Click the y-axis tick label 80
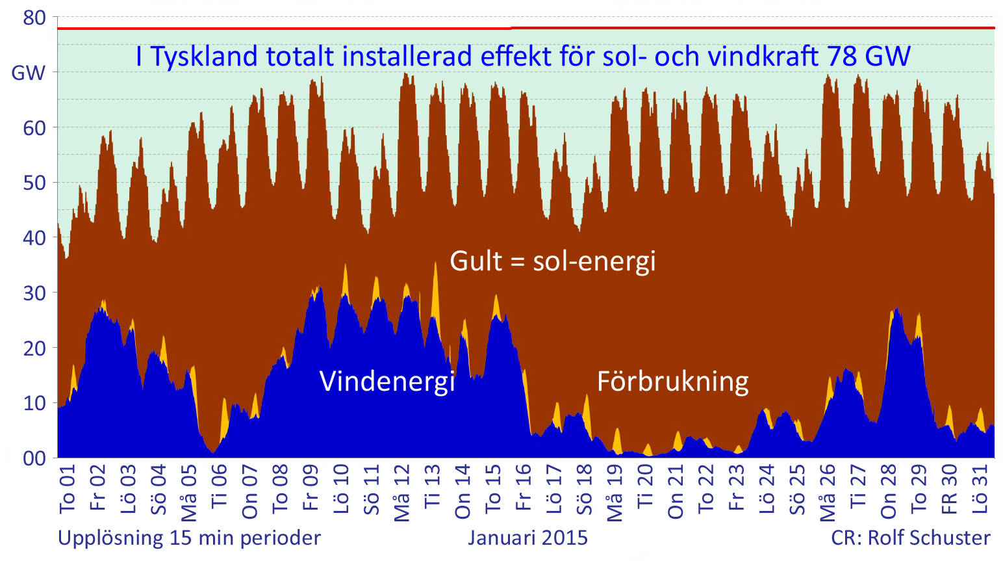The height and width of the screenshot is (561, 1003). tap(34, 18)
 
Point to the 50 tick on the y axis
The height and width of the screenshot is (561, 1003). tap(34, 183)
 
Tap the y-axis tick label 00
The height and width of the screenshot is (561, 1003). tap(34, 458)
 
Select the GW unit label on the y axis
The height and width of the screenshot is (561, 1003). tap(29, 73)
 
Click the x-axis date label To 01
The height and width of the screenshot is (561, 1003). tap(68, 489)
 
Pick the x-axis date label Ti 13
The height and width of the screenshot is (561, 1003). tap(432, 486)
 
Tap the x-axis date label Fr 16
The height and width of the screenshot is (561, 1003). tap(523, 488)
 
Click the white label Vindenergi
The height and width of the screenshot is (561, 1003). tap(387, 381)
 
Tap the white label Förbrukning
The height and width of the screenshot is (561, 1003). tap(672, 381)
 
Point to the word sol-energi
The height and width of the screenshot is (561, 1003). tap(594, 261)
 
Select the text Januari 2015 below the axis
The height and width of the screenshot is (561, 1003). tap(527, 538)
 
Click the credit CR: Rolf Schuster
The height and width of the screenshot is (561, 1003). tap(911, 538)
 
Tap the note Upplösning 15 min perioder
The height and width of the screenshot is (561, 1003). tap(190, 538)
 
